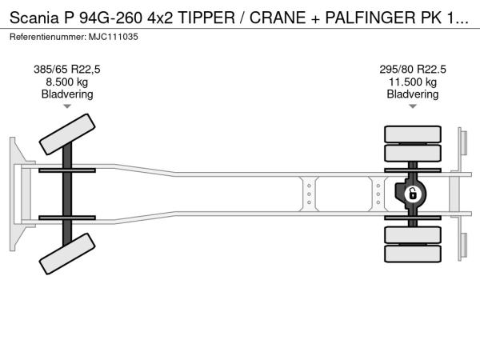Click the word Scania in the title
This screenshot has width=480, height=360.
[34, 18]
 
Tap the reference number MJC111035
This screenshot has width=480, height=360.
[114, 37]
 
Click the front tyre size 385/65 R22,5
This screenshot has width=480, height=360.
[67, 70]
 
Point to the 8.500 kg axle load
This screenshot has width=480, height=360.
[67, 82]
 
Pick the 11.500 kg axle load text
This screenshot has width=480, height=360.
[413, 82]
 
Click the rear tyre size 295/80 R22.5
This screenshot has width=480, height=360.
[413, 70]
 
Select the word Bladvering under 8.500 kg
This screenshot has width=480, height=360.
[67, 94]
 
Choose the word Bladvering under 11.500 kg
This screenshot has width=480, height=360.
[413, 94]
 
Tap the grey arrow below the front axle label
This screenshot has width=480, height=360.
[67, 106]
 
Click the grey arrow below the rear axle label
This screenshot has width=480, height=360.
[413, 106]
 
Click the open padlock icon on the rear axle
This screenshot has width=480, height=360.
[413, 194]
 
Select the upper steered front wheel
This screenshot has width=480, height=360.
[67, 134]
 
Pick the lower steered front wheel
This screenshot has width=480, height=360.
[67, 254]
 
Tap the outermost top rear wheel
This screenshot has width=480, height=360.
[413, 134]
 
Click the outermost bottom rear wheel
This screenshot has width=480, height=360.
[413, 254]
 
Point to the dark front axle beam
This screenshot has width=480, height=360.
[67, 194]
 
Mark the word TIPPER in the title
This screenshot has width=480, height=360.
[206, 18]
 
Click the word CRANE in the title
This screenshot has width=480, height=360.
[278, 18]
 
